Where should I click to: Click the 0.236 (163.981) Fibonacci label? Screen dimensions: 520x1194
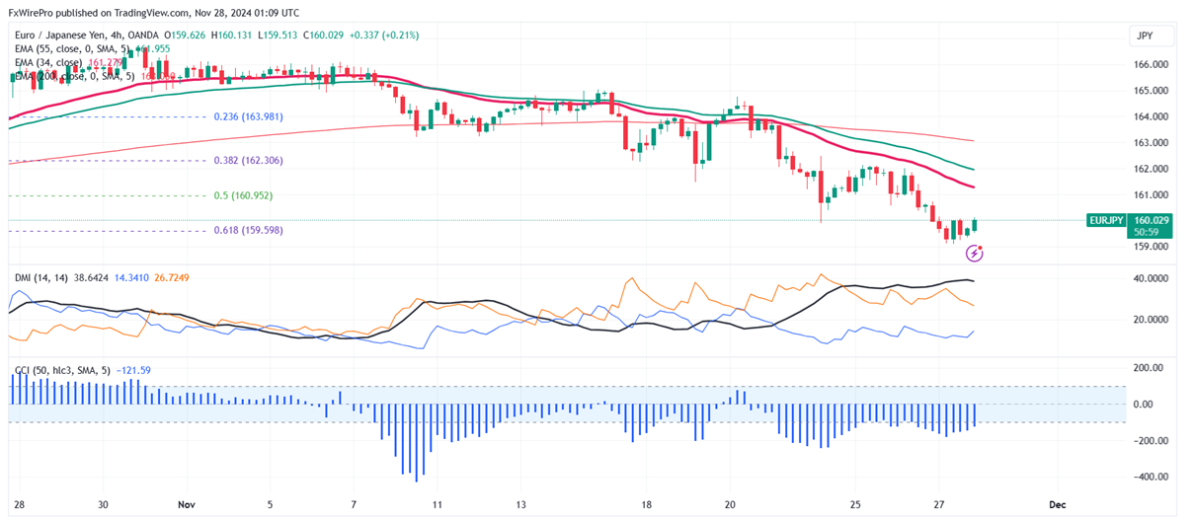click(248, 116)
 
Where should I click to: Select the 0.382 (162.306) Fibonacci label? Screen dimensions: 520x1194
click(248, 160)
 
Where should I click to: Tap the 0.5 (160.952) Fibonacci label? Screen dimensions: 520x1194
click(243, 195)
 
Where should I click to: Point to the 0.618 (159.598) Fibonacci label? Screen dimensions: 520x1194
click(248, 230)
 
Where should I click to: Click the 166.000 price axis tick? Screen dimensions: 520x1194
click(1152, 65)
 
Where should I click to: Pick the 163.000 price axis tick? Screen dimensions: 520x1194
click(1152, 142)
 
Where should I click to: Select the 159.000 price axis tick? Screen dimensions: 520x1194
click(1152, 247)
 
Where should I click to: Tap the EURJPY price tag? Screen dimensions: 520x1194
click(1105, 220)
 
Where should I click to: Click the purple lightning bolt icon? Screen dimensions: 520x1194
click(975, 254)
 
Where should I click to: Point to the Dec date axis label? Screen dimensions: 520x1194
click(1058, 503)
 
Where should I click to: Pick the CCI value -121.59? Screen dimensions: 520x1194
click(133, 370)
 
